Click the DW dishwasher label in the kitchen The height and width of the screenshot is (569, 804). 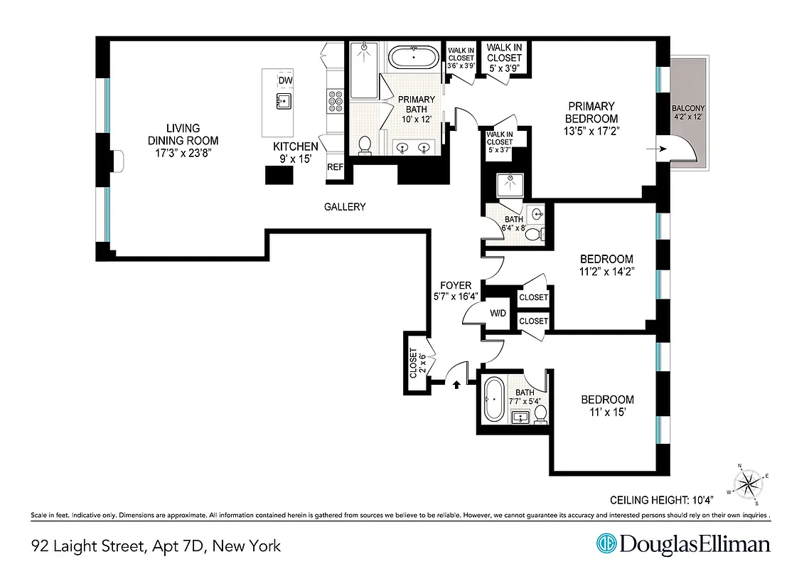point(285,80)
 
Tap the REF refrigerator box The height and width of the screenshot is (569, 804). point(335,167)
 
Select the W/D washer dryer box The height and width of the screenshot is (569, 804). point(498,314)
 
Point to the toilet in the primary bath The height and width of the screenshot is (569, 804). point(365,144)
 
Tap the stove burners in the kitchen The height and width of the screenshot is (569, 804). point(334,102)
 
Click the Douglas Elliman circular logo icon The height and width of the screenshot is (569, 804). point(606,544)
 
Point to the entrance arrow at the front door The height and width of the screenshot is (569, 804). point(456,384)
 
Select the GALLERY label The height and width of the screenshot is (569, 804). point(345,207)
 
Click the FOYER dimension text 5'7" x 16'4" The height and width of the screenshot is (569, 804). point(456,297)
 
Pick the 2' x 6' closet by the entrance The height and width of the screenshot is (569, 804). point(415,363)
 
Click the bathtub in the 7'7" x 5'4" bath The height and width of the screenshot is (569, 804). point(493,399)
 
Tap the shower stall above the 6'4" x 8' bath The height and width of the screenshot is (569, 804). point(510,185)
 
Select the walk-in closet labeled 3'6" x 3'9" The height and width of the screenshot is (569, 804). point(460,58)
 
